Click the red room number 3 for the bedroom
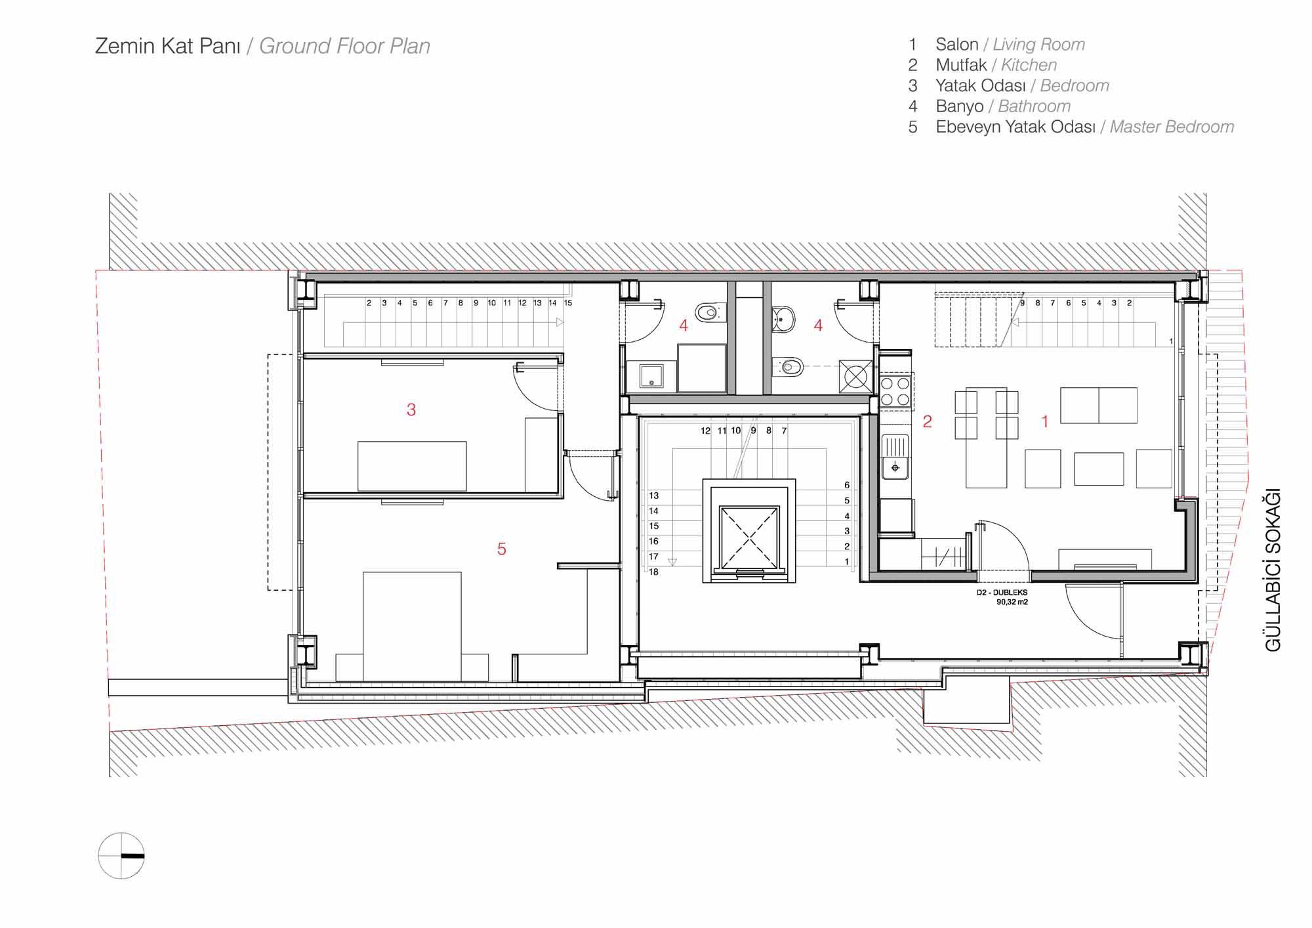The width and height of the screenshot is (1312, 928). [411, 410]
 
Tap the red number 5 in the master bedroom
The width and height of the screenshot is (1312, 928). [502, 549]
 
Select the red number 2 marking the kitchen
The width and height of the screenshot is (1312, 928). [927, 421]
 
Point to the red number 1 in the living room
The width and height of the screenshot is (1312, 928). [1045, 421]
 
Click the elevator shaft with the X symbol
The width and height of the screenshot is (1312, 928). [749, 538]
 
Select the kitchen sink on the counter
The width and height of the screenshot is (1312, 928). [895, 457]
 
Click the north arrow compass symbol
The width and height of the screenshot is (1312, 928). [121, 856]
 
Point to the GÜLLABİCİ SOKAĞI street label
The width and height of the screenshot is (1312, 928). [1273, 570]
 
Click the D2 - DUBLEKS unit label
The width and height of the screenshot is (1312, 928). [1002, 593]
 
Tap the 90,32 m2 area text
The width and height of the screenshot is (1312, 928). [1012, 601]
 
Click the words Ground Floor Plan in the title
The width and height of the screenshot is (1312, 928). [344, 46]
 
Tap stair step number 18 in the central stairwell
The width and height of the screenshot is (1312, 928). [653, 572]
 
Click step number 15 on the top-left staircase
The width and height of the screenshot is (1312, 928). [568, 303]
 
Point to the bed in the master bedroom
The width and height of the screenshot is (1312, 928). [412, 626]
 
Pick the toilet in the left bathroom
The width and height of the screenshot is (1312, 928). [707, 313]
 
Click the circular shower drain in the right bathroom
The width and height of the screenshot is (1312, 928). [855, 377]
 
